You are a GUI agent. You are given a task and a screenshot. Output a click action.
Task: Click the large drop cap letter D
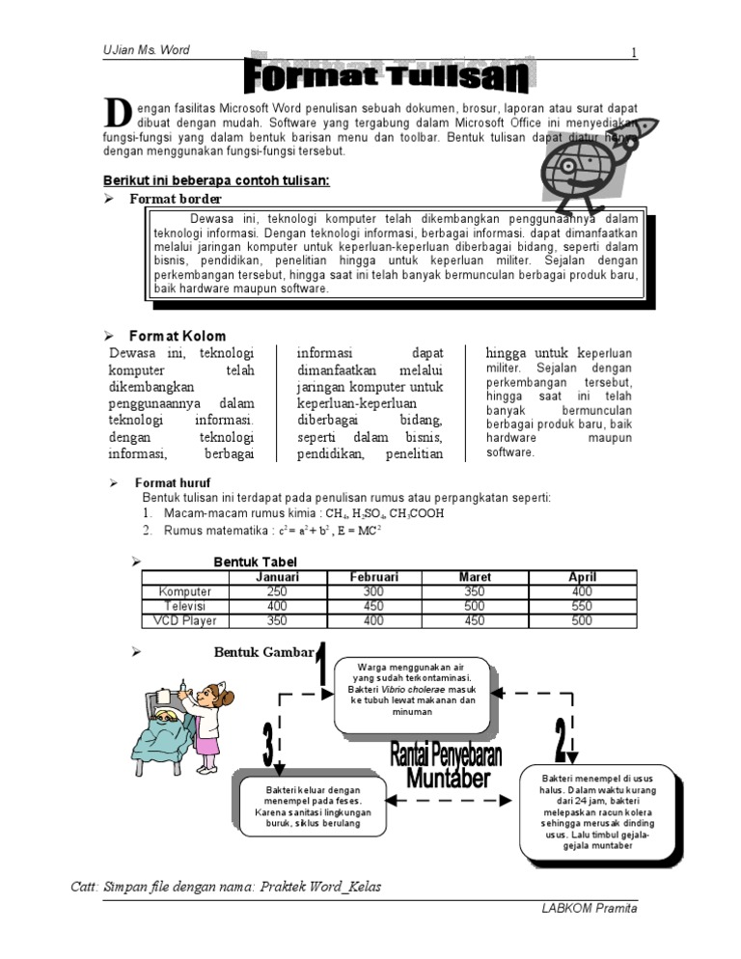117,113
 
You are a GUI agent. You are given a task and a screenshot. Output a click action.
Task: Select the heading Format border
176,199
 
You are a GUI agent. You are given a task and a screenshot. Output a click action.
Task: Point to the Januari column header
276,577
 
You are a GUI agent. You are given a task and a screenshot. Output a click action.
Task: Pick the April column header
582,577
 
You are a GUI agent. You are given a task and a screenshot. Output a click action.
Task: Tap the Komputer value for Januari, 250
276,591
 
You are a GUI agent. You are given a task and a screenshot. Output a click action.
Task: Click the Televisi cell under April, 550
582,606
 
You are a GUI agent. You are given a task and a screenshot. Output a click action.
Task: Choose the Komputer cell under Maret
474,591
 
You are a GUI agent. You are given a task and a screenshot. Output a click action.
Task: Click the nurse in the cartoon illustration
208,719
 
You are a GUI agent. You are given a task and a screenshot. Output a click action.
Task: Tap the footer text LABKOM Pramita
591,909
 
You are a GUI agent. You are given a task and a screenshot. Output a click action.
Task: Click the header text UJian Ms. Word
146,50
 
